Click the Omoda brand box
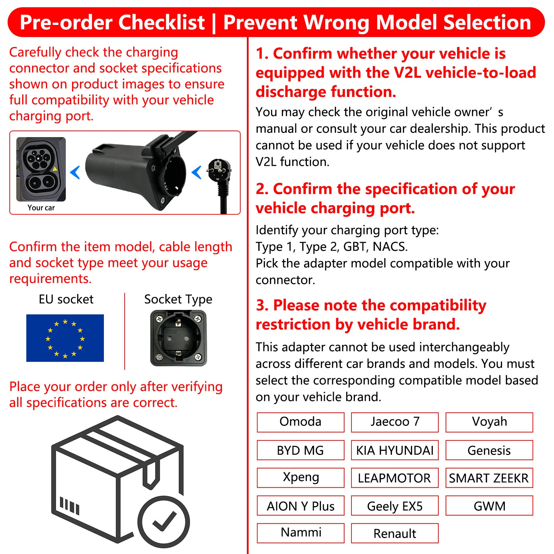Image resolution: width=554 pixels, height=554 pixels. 301,422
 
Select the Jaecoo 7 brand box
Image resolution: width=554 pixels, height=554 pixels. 395,422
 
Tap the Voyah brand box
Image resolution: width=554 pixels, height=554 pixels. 489,422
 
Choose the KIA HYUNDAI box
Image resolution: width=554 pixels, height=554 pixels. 395,450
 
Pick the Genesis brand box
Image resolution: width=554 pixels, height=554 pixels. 489,450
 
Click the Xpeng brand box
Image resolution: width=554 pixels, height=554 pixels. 301,478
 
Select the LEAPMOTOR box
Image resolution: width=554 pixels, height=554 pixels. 395,478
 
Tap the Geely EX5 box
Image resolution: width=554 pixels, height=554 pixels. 395,506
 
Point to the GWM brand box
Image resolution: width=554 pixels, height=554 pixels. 489,506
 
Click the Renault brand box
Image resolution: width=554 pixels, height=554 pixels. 395,533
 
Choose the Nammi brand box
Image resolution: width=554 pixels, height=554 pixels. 301,533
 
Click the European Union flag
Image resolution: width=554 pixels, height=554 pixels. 65,338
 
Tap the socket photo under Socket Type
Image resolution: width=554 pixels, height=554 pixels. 178,338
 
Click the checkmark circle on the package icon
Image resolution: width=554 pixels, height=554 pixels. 164,522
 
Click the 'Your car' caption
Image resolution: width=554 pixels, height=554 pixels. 41,208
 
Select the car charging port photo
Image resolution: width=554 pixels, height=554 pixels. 41,169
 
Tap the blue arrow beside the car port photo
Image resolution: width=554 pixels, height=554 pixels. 75,172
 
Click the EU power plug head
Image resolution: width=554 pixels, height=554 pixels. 218,170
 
